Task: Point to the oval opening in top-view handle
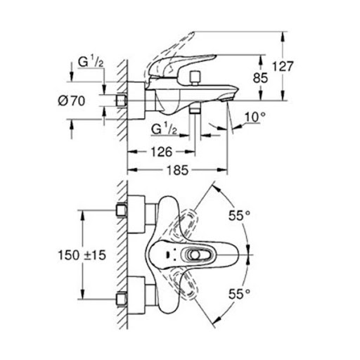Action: click(x=193, y=255)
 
